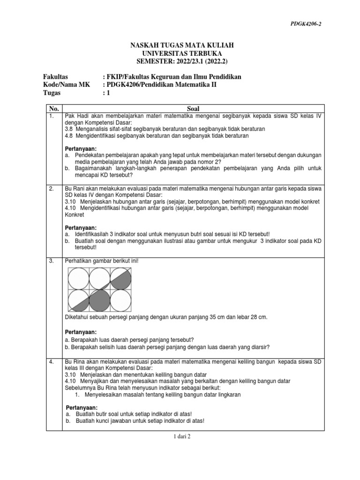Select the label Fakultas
pos(56,76)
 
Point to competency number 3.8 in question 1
pos(69,128)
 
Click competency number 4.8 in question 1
pos(69,135)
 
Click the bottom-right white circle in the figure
pos(120,300)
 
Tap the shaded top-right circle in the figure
pos(120,278)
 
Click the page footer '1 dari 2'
pos(180,435)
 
